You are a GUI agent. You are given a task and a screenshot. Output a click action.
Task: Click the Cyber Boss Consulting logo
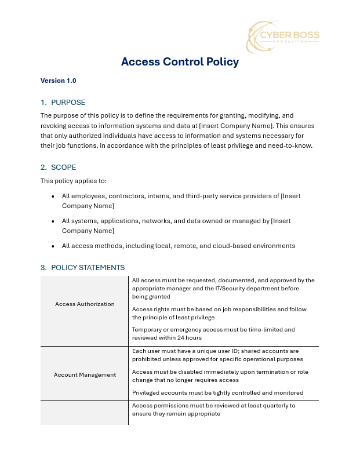pyautogui.click(x=283, y=36)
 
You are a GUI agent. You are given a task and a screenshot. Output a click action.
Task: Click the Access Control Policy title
pyautogui.click(x=180, y=62)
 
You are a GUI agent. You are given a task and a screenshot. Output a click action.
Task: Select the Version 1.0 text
pyautogui.click(x=58, y=81)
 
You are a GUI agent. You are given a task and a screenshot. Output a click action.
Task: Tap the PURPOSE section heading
pyautogui.click(x=68, y=103)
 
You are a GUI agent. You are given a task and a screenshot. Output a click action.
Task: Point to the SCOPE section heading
pyautogui.click(x=63, y=168)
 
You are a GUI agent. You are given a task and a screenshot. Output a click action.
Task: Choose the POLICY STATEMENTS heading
pyautogui.click(x=88, y=268)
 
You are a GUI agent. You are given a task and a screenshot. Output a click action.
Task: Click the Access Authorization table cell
pyautogui.click(x=85, y=304)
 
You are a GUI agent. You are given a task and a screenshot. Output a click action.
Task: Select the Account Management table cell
pyautogui.click(x=85, y=375)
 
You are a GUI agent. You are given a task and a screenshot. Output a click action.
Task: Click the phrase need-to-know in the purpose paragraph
pyautogui.click(x=293, y=146)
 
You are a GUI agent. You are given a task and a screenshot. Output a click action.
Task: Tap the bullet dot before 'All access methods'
pyautogui.click(x=53, y=246)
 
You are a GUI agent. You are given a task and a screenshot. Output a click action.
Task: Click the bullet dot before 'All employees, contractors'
pyautogui.click(x=53, y=196)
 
